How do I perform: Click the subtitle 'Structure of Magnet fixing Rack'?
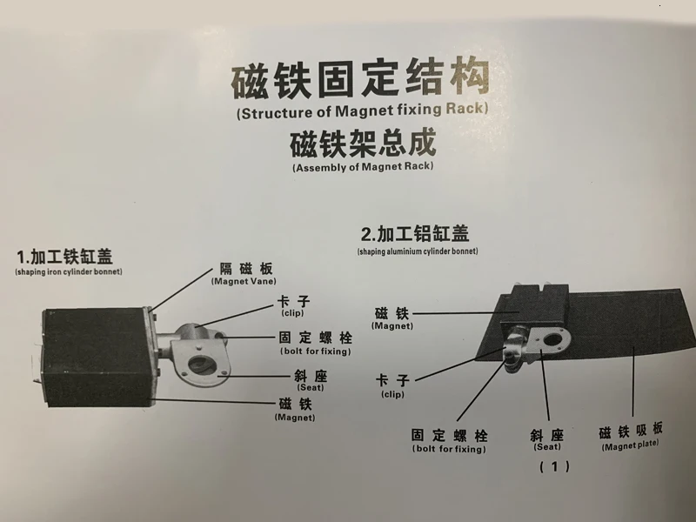[x=362, y=111]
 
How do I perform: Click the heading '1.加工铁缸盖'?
[x=66, y=256]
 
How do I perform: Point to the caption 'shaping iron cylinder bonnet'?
[x=68, y=272]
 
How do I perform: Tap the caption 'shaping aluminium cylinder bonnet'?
[x=417, y=251]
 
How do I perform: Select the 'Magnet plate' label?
[x=631, y=445]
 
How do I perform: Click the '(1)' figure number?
[x=554, y=467]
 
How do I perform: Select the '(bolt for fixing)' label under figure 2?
[x=449, y=449]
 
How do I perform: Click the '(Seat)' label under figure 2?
[x=546, y=446]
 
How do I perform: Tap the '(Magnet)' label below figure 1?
[x=294, y=418]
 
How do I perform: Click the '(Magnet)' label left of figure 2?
[x=391, y=325]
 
